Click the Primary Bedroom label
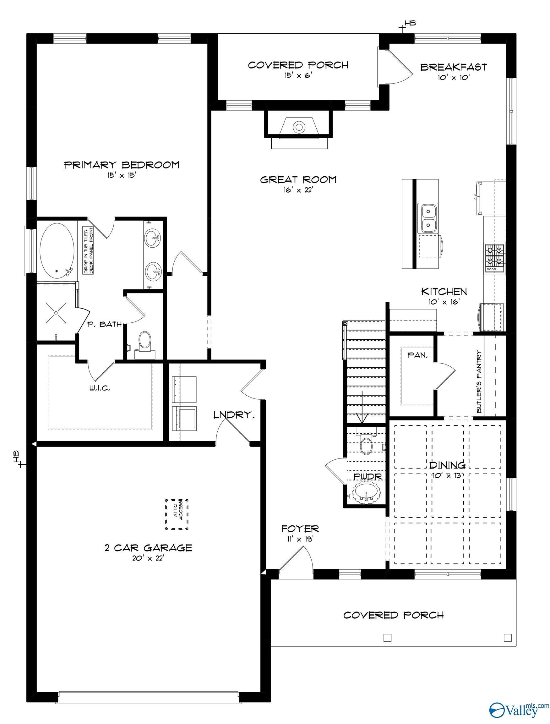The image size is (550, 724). [x=122, y=164]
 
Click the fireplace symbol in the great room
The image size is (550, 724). [x=299, y=127]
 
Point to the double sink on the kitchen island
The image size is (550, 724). [x=428, y=218]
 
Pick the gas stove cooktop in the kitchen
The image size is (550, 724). [x=494, y=258]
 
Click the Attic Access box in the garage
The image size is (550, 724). [x=177, y=514]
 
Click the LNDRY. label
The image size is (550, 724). [x=234, y=415]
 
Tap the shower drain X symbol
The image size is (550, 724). [x=56, y=313]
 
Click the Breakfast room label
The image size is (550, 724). [x=454, y=67]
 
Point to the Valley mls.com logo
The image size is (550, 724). [x=519, y=710]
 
